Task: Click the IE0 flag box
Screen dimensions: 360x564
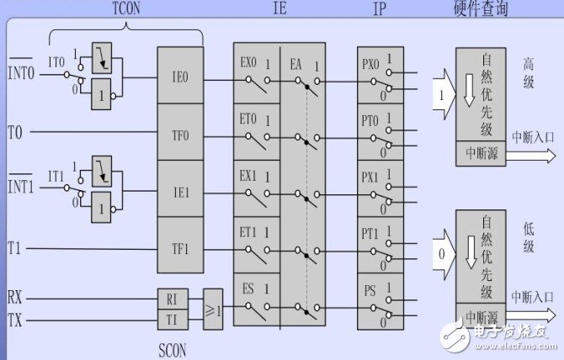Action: coord(179,75)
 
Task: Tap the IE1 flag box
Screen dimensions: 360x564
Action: coord(179,191)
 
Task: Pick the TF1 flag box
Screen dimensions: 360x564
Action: coord(179,249)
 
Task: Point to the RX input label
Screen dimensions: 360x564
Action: coord(15,297)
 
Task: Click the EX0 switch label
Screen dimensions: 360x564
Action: coord(248,63)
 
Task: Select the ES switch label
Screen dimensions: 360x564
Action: coord(248,289)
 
